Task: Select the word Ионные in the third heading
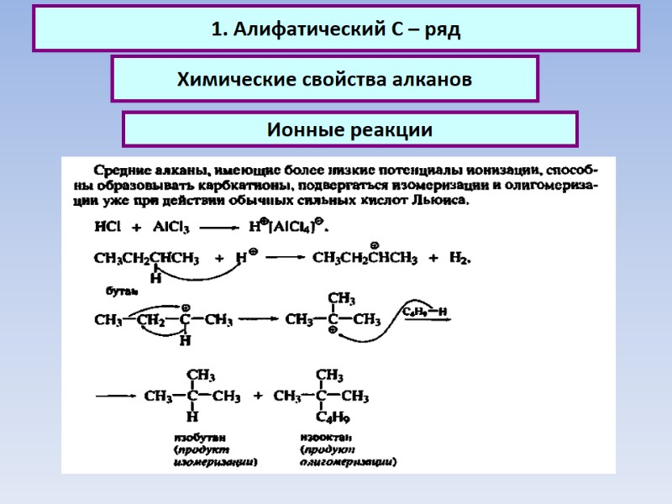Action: tap(305, 130)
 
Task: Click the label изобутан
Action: tap(199, 438)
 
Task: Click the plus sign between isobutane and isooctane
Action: tap(258, 396)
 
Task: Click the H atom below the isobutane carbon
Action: tap(192, 417)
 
